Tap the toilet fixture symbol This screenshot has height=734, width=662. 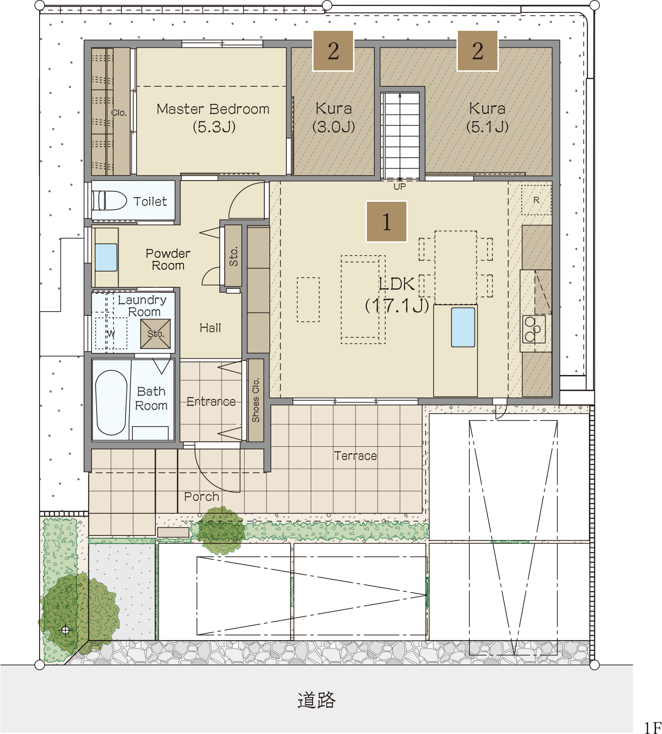(110, 200)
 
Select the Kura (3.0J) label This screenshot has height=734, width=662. (334, 117)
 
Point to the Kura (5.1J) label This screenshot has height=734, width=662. (487, 117)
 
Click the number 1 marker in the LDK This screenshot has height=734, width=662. (387, 222)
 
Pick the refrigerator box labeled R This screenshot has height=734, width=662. (536, 200)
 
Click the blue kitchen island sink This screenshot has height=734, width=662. (463, 327)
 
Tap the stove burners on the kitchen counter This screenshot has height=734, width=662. (534, 329)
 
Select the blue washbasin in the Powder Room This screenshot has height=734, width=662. (106, 257)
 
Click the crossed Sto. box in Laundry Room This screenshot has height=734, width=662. (155, 334)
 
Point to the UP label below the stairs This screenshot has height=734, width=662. (399, 187)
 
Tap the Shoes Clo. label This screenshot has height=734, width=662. (256, 400)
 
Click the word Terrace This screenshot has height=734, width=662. (355, 455)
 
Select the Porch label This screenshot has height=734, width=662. (201, 496)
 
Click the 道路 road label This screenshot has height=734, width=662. (316, 700)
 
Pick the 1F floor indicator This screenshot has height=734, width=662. (652, 728)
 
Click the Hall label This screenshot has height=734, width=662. (210, 328)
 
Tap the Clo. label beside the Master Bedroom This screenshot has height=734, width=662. (119, 113)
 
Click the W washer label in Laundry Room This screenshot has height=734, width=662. (111, 333)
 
